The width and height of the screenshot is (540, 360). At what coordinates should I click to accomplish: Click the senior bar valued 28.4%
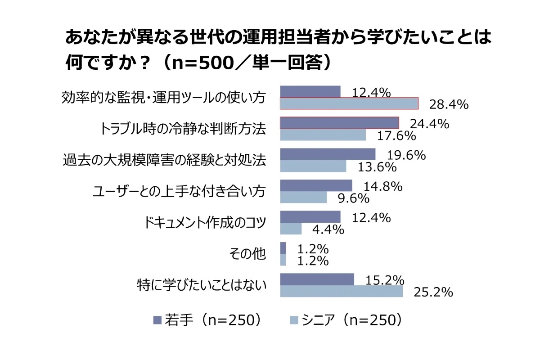click(x=349, y=103)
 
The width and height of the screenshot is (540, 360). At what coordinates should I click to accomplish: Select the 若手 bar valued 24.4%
click(x=340, y=123)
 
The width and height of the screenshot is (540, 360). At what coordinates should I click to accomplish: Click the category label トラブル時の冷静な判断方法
click(x=182, y=129)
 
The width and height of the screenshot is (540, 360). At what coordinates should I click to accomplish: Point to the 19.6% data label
click(x=407, y=155)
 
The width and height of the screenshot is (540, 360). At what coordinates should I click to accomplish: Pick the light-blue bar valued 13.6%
click(x=313, y=166)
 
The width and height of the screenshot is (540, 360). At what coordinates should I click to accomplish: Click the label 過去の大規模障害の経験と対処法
click(x=163, y=160)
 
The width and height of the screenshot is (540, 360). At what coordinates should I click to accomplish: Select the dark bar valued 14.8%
click(x=316, y=186)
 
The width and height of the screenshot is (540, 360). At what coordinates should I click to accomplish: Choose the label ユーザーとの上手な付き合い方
click(x=179, y=192)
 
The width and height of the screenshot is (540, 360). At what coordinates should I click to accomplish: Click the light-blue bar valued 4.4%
click(x=291, y=229)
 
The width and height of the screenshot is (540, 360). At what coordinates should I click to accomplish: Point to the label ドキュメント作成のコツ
click(x=205, y=223)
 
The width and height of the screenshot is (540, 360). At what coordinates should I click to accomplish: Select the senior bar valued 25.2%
click(x=341, y=291)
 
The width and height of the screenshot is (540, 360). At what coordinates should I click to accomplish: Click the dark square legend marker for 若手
click(x=157, y=320)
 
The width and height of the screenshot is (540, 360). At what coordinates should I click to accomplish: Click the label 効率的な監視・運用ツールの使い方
click(x=163, y=98)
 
